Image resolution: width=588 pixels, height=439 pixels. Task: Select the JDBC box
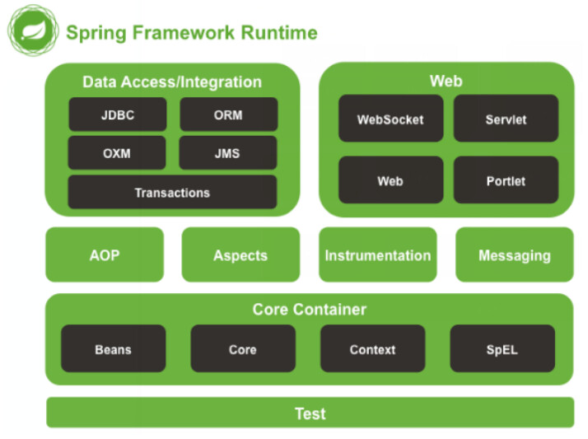[x=118, y=114]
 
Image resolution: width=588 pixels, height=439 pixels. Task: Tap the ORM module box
[x=228, y=114]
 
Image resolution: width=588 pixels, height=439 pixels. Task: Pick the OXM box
[x=118, y=153]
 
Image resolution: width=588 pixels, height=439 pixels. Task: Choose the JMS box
[x=228, y=153]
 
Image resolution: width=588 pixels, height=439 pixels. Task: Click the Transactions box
[x=172, y=193]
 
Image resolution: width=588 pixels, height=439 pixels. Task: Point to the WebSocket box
[x=390, y=119]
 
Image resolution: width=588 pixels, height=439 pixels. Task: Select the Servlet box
[x=506, y=119]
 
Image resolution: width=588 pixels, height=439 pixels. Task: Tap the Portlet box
[x=506, y=180]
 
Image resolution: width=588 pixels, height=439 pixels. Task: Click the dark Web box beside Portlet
[x=390, y=180]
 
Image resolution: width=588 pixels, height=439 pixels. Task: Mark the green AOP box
[x=105, y=255]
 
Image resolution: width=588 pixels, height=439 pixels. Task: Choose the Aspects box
[x=240, y=255]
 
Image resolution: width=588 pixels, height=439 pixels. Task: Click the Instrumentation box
[x=377, y=255]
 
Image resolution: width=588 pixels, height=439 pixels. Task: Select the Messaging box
[x=515, y=255]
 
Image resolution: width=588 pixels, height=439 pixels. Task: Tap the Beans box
[x=113, y=349]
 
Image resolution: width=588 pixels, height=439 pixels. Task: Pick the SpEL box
[x=502, y=349]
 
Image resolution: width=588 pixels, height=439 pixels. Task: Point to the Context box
[x=372, y=349]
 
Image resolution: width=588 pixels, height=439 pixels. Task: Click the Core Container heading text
[x=309, y=310]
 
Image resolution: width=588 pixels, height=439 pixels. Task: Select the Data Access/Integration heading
[x=172, y=82]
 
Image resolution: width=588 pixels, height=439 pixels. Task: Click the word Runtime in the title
[x=279, y=33]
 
